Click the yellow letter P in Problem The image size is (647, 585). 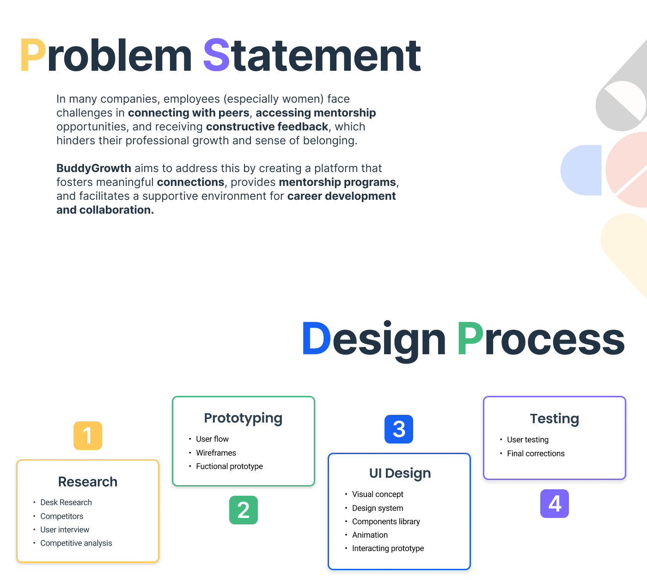33,55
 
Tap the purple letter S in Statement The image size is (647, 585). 216,55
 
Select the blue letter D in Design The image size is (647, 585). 317,339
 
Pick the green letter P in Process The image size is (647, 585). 470,339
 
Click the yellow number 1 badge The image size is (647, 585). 88,436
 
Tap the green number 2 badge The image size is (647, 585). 244,510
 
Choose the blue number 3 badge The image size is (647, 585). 399,429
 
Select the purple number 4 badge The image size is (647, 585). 555,504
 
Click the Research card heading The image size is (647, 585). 88,482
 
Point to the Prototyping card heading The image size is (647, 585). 243,418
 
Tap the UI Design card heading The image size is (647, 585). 400,473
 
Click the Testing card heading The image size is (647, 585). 555,419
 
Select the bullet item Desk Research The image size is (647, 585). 66,503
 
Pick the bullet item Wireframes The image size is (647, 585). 216,453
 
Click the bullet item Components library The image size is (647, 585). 386,522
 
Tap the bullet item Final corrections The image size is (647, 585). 536,454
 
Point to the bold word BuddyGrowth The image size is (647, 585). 94,168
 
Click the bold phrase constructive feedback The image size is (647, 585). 267,127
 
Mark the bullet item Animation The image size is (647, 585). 370,535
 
